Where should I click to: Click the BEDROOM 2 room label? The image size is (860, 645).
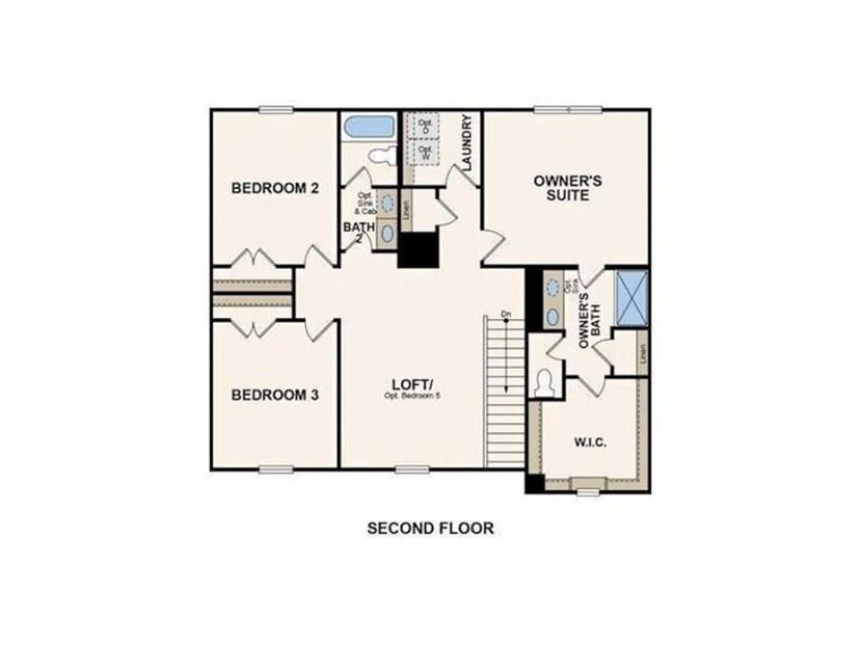tap(275, 188)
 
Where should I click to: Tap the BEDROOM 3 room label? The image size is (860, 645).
tap(275, 394)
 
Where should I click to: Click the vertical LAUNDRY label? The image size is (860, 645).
tap(466, 143)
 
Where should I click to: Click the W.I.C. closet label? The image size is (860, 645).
tap(591, 441)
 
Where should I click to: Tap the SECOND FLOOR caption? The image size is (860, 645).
tap(431, 527)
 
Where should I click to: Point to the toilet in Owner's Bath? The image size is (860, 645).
tap(546, 381)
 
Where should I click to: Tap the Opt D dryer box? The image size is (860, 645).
tap(424, 126)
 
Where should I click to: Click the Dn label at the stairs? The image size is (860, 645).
tap(506, 314)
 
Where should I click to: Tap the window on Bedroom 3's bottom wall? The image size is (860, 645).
tap(275, 469)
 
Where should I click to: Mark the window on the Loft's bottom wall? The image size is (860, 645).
tap(412, 469)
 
